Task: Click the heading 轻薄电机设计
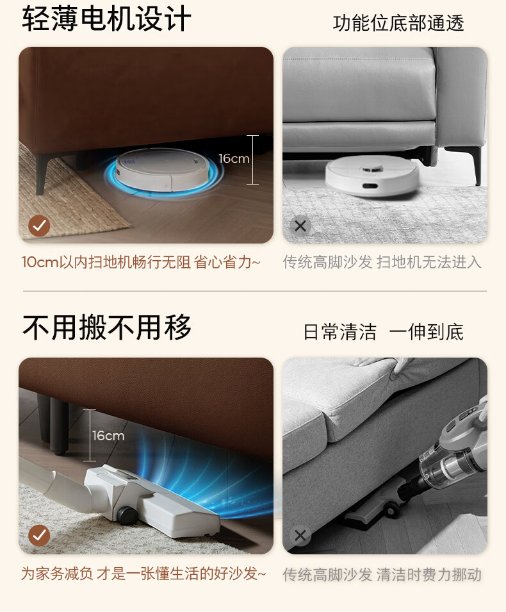coord(106,19)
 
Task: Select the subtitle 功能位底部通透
coord(398,23)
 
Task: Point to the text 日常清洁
coord(340,332)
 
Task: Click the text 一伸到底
coord(427,332)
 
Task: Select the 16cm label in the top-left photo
coord(233,158)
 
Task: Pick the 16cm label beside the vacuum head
coord(108,436)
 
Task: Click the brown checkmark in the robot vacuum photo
coord(39,226)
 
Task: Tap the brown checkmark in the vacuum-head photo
coord(39,535)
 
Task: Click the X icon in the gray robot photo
coord(300,226)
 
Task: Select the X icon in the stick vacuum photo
coord(300,536)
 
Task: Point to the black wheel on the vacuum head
coord(126,515)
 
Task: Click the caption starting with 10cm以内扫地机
coord(141,262)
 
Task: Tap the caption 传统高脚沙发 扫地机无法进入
coord(382,262)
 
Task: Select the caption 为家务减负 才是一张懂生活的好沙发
coord(143,574)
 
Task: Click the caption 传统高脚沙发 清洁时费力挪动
coord(382,575)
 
